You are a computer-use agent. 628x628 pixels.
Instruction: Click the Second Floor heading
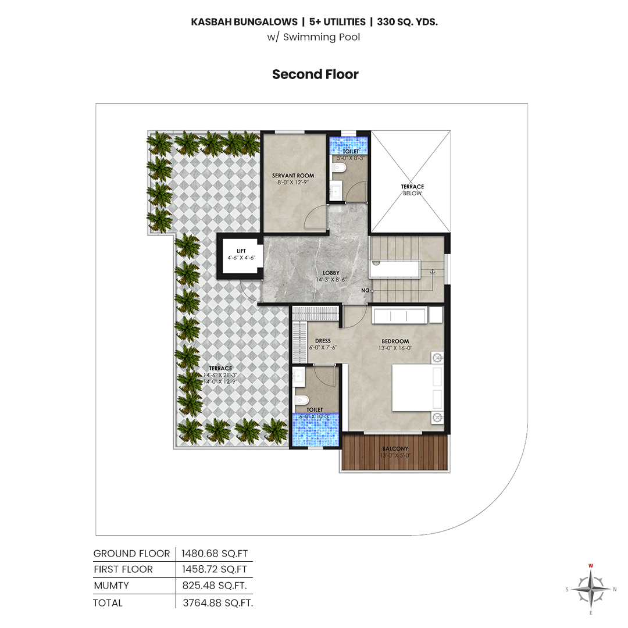315,74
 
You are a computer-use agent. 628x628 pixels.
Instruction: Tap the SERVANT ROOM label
293,176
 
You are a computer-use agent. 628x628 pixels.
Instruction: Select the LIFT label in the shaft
241,251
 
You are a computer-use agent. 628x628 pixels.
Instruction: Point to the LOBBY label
331,273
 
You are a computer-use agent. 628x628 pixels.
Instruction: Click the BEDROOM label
395,341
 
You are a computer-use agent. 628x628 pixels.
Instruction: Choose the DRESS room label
323,341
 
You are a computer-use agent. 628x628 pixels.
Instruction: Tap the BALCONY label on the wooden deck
395,448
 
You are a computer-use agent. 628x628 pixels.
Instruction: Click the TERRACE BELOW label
412,190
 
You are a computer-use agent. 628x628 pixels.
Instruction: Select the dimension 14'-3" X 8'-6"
331,280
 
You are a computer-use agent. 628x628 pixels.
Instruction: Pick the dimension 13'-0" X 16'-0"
395,348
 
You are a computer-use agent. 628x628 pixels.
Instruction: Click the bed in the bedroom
417,387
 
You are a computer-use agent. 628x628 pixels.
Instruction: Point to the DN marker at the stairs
365,290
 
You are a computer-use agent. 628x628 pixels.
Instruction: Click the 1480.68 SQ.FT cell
215,554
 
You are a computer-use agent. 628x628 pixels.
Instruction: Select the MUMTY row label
111,586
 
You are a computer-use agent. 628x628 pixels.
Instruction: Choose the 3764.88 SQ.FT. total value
218,603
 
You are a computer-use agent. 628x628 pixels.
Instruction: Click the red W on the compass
591,566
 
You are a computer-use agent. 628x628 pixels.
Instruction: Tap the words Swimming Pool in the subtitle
322,37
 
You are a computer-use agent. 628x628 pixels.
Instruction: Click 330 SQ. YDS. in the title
407,22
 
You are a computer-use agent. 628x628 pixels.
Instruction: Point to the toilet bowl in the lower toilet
302,399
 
